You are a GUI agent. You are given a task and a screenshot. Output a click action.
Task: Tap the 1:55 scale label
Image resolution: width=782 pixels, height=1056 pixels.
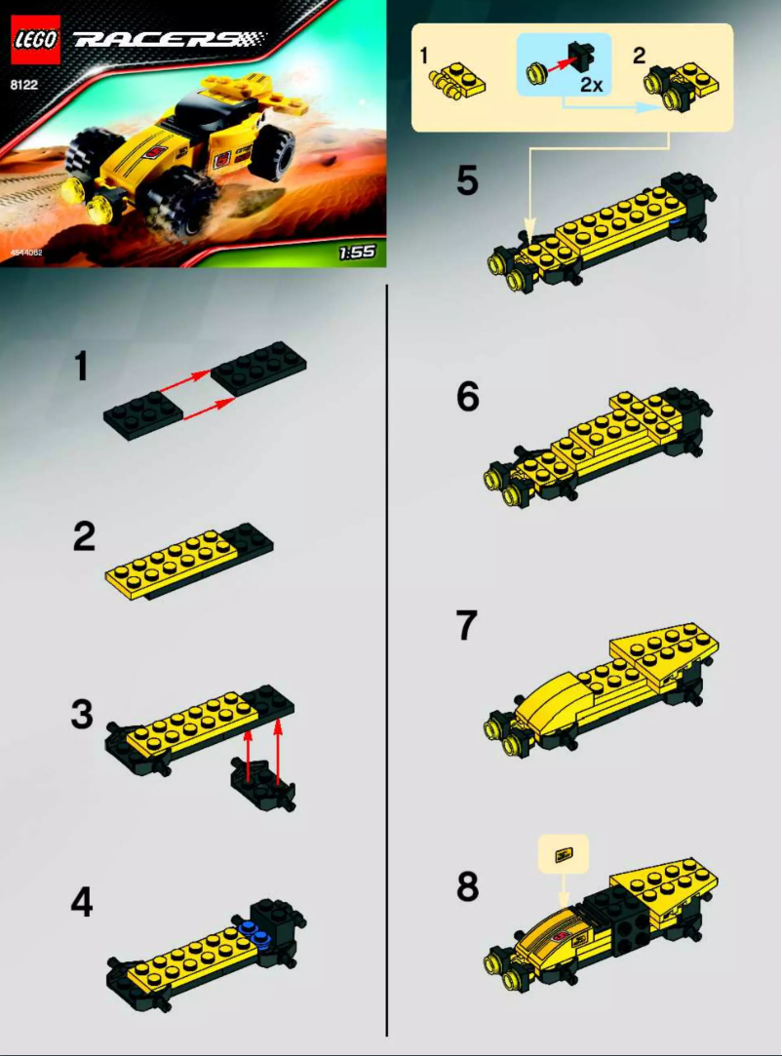(x=358, y=254)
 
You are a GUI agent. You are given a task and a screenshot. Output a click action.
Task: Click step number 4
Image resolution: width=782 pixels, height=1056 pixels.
(x=82, y=904)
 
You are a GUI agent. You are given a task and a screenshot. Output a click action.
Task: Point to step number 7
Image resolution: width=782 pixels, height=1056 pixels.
(x=467, y=627)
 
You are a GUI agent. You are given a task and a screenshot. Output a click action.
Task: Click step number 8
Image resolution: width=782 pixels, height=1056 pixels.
(x=467, y=887)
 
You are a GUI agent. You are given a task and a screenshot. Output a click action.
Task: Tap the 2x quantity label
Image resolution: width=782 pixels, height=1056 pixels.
(x=590, y=85)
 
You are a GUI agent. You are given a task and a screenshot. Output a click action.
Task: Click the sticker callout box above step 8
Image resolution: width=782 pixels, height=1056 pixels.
(x=563, y=854)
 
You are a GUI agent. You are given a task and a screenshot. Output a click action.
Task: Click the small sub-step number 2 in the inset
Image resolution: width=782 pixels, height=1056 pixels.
(x=639, y=56)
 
